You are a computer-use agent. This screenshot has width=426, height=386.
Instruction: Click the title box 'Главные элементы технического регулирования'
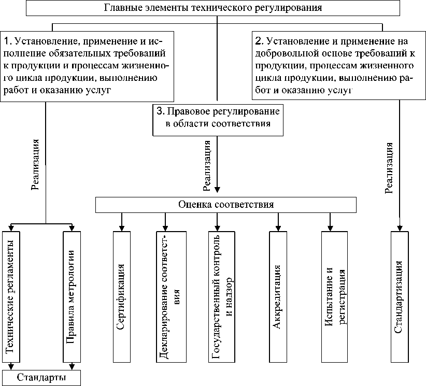[212, 8]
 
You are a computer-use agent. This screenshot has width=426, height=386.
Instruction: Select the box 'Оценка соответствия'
[226, 205]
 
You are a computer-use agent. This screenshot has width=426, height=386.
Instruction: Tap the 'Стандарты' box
[41, 378]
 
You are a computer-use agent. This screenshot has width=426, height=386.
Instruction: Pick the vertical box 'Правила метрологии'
[72, 295]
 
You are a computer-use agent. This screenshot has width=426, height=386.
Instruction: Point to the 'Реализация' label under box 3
[207, 164]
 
